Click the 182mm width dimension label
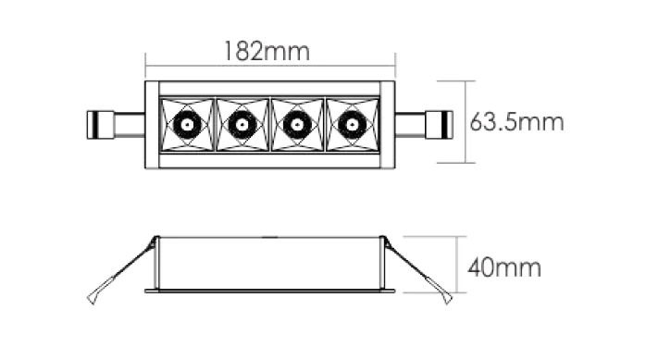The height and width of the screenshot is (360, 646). click(x=267, y=51)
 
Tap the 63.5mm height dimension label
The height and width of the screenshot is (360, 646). click(x=516, y=122)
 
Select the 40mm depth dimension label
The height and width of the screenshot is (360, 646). click(x=504, y=267)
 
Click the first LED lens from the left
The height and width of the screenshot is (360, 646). click(x=187, y=124)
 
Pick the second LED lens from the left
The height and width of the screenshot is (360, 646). click(x=242, y=124)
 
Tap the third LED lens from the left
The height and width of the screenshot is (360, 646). click(x=297, y=124)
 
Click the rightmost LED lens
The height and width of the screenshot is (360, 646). click(x=353, y=124)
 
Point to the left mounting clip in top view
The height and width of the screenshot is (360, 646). click(x=116, y=124)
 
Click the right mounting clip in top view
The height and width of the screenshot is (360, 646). click(x=424, y=124)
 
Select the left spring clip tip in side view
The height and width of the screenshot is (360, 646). click(x=92, y=300)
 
